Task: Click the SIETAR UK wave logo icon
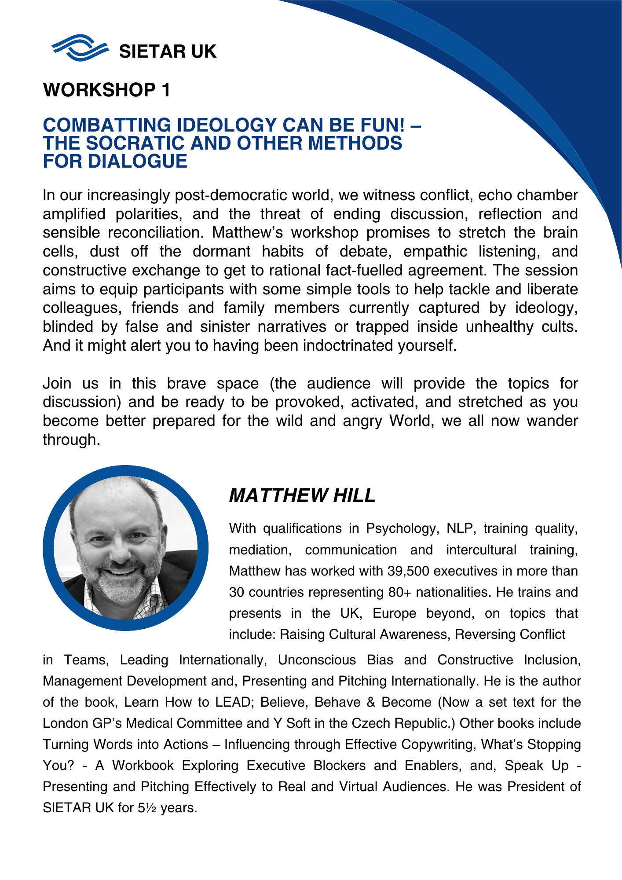coord(80,48)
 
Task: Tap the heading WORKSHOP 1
coord(106,90)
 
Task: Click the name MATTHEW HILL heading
coord(302,496)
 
